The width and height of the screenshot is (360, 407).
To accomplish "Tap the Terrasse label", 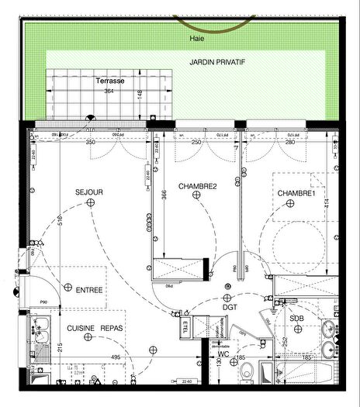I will (x=110, y=81).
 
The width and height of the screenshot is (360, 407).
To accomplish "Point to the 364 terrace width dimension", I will (x=109, y=91).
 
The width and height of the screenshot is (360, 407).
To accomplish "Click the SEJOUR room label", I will (x=89, y=191).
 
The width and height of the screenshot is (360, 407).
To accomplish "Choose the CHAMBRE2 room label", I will (x=197, y=187).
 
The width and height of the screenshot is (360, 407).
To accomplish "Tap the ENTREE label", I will (x=89, y=290).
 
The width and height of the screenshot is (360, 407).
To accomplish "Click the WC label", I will (x=223, y=354).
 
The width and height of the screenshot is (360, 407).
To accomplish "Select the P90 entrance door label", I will (x=44, y=302).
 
